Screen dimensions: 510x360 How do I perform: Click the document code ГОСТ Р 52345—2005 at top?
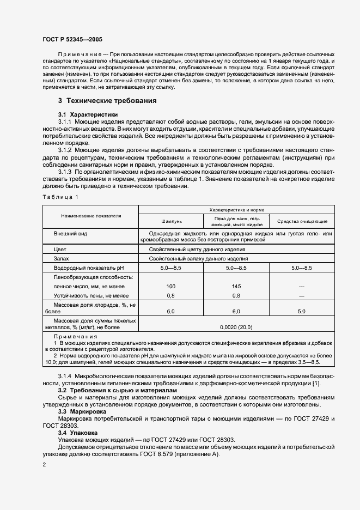pyautogui.click(x=72, y=40)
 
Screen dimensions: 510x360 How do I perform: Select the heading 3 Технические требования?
pyautogui.click(x=100, y=100)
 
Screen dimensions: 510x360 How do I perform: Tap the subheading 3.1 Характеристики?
pyautogui.click(x=88, y=114)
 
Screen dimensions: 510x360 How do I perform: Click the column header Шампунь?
pyautogui.click(x=172, y=221)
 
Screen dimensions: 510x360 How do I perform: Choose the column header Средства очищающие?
pyautogui.click(x=302, y=221)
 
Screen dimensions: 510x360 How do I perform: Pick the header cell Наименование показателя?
pyautogui.click(x=91, y=216)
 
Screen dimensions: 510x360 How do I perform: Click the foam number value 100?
pyautogui.click(x=171, y=286)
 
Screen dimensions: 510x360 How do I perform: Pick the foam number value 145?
pyautogui.click(x=236, y=286)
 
